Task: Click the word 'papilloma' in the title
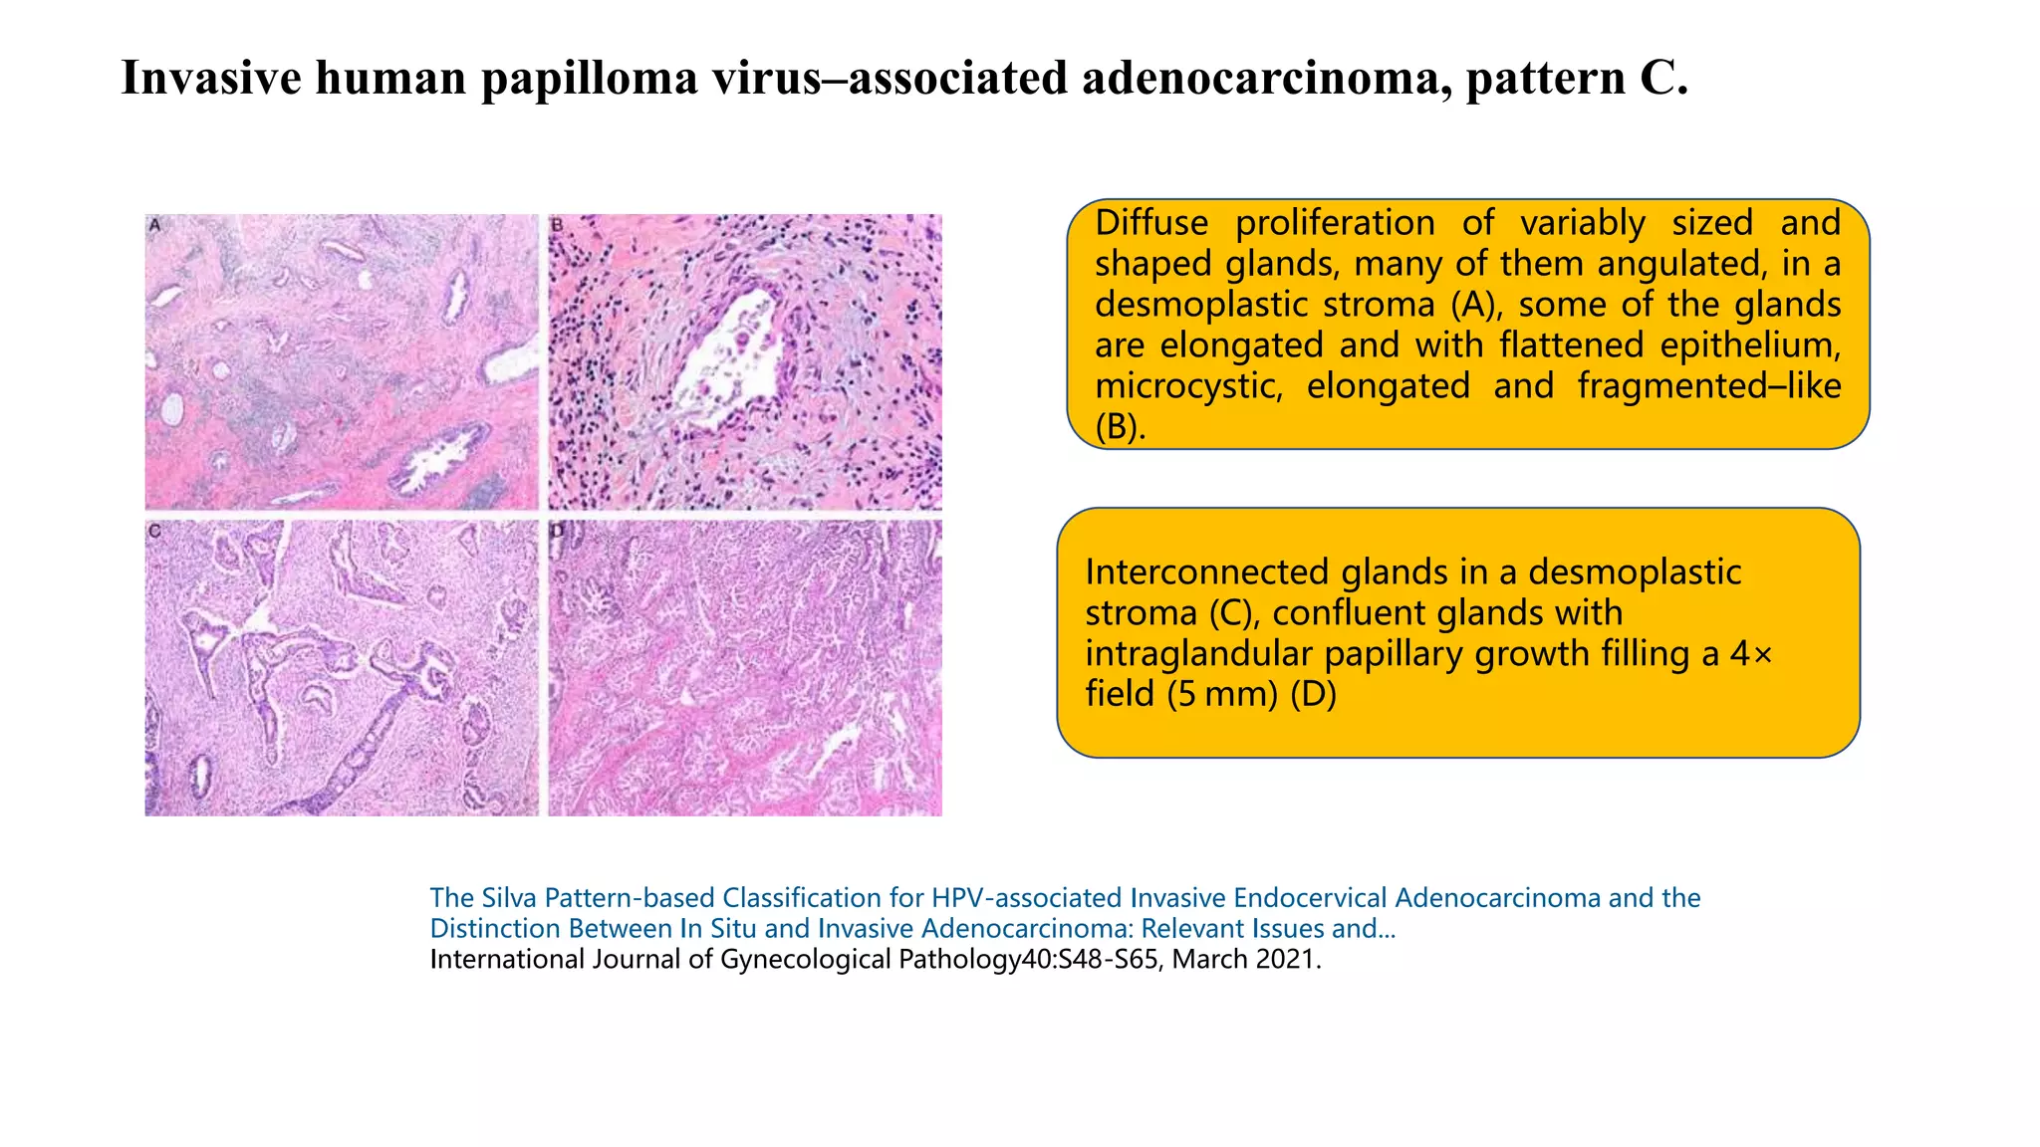pyautogui.click(x=590, y=78)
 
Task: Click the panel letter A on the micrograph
pyautogui.click(x=155, y=226)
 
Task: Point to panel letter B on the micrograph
pyautogui.click(x=558, y=226)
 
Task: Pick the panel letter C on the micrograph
pyautogui.click(x=155, y=532)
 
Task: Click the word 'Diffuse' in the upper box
pyautogui.click(x=1151, y=222)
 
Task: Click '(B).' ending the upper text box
pyautogui.click(x=1121, y=426)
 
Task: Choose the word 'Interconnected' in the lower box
pyautogui.click(x=1207, y=572)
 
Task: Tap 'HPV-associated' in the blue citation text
pyautogui.click(x=1027, y=898)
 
